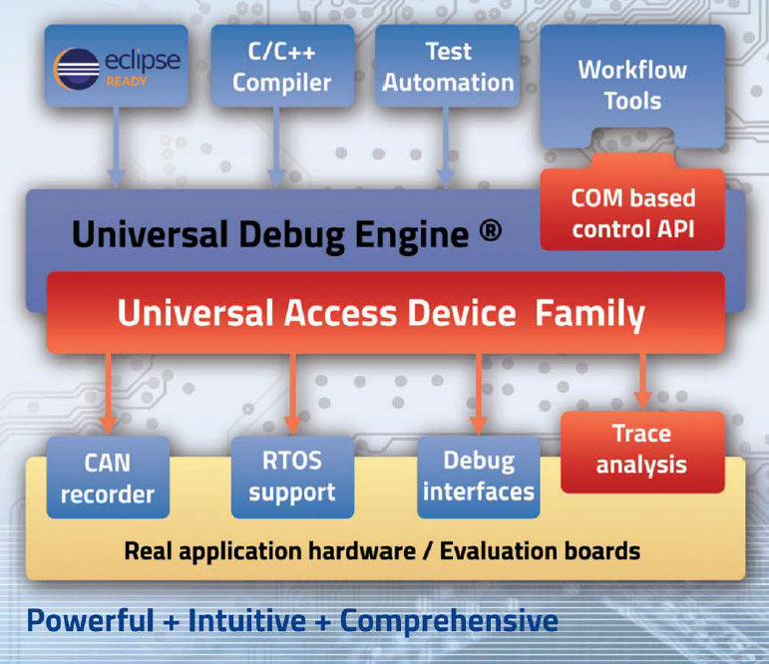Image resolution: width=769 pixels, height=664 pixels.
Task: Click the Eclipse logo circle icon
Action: coord(77,69)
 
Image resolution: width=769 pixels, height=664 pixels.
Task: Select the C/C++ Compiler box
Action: coord(282,66)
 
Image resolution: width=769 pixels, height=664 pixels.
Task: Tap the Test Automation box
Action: coord(447,66)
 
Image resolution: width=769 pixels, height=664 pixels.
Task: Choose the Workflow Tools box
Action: coord(632,85)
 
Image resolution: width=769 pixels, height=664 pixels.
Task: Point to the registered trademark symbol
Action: coord(490,230)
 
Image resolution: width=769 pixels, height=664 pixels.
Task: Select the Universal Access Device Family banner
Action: coord(385,312)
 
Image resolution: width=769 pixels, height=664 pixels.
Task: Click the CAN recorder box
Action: coord(108,478)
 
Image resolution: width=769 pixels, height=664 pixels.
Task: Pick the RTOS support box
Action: coord(292,478)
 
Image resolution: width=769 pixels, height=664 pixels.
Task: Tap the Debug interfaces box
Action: coord(478,478)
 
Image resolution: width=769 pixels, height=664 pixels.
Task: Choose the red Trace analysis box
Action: coord(642,452)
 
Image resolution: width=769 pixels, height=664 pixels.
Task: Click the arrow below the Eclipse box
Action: coord(117,148)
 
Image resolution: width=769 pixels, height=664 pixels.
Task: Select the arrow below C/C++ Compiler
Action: coord(276,148)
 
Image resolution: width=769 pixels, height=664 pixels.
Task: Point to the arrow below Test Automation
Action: coord(445,148)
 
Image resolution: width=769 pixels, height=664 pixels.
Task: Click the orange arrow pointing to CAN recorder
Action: coord(108,394)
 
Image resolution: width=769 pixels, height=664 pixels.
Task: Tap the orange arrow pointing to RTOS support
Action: coord(293,394)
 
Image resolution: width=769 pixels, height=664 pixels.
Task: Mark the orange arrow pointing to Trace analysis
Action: coord(643,381)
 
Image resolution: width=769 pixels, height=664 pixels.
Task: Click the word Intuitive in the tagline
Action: coord(246,621)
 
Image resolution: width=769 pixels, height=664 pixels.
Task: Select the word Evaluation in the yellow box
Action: coord(499,550)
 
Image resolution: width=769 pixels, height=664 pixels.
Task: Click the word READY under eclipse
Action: coord(127,82)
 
